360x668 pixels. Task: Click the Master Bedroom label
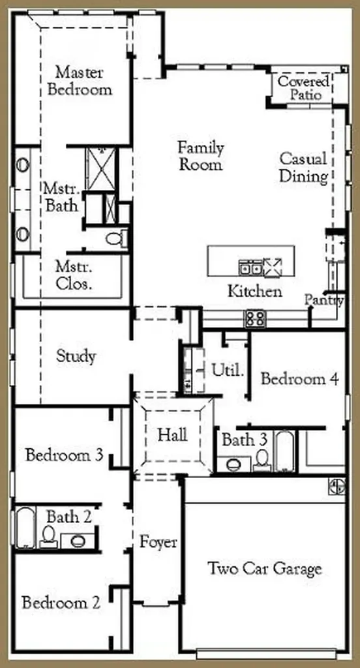[x=80, y=80]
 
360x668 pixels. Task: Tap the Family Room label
[x=200, y=156]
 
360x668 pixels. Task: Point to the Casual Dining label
[x=303, y=168]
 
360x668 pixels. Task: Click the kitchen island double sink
[x=250, y=267]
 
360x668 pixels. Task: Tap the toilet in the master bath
[x=116, y=238]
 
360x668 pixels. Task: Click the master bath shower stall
[x=100, y=168]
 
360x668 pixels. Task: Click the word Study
[x=76, y=356]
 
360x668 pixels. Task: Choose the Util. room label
[x=228, y=370]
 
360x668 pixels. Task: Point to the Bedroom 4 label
[x=299, y=378]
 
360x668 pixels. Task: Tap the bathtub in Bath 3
[x=284, y=451]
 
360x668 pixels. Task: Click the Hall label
[x=172, y=435]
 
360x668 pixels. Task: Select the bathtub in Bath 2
[x=25, y=527]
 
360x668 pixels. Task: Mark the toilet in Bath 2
[x=48, y=537]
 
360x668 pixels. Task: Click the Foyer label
[x=158, y=543]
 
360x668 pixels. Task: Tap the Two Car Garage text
[x=265, y=568]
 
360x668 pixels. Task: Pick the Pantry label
[x=323, y=300]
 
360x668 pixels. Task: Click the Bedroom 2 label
[x=61, y=603]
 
